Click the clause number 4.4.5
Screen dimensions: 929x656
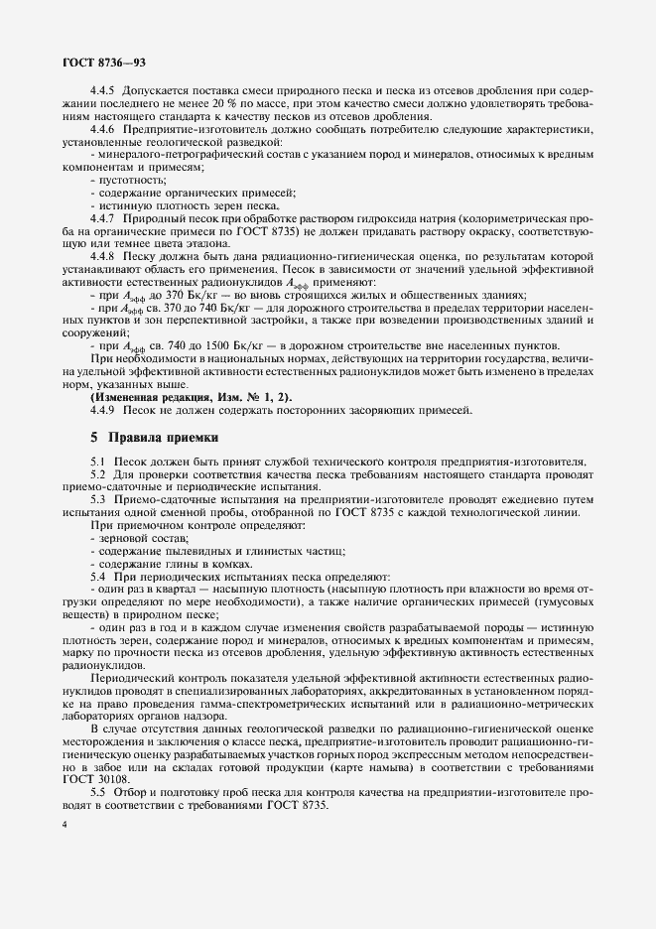(103, 91)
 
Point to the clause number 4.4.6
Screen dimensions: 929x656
(103, 130)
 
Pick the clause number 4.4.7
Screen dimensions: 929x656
(103, 216)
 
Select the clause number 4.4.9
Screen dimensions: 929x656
(103, 410)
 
